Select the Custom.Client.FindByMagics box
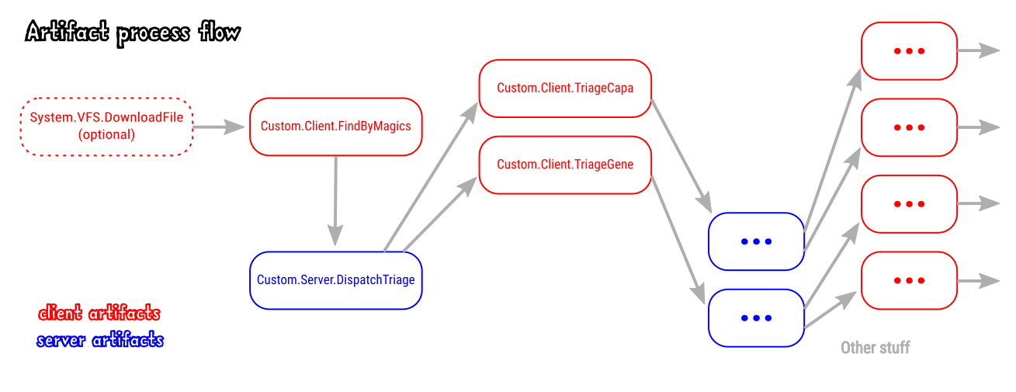(x=335, y=127)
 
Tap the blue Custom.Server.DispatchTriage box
(x=335, y=280)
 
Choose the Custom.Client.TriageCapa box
(x=565, y=88)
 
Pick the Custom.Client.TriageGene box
(x=565, y=165)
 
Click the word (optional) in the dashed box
(x=106, y=134)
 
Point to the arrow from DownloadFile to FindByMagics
(x=219, y=127)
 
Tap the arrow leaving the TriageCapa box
(x=681, y=155)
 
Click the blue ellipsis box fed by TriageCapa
(x=756, y=241)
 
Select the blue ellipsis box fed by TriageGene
(x=756, y=317)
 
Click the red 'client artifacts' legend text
(x=99, y=313)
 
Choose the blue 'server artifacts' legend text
(x=100, y=340)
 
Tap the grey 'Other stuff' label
(x=875, y=348)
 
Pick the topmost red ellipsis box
(x=909, y=50)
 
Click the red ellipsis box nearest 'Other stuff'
(x=909, y=280)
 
